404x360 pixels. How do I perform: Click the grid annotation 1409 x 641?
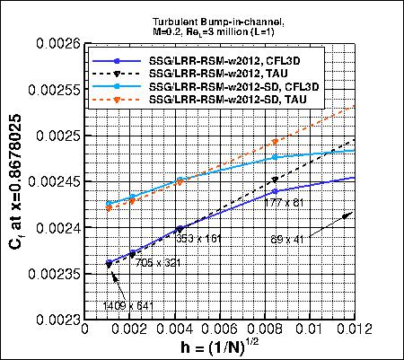pos(129,305)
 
